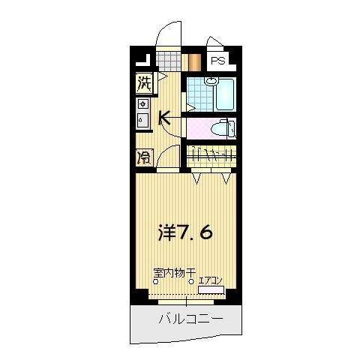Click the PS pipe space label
tap(218, 61)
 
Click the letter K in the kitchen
tap(166, 118)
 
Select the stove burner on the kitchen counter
tap(142, 104)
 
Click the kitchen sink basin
tap(142, 121)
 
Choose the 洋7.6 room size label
tap(185, 232)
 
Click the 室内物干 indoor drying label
tap(175, 273)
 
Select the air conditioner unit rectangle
tap(211, 289)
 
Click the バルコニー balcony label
tap(190, 319)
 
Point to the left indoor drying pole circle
tap(156, 282)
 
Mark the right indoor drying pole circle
tap(191, 282)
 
